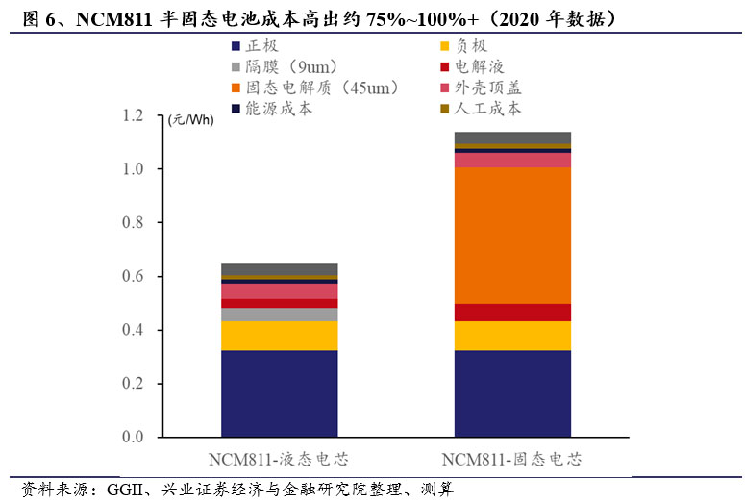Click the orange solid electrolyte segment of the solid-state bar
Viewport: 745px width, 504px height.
(x=512, y=236)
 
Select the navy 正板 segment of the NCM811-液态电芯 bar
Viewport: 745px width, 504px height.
(x=279, y=393)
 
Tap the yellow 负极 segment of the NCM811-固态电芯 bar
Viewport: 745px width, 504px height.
(x=512, y=335)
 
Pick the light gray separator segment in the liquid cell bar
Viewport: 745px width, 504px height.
(x=279, y=315)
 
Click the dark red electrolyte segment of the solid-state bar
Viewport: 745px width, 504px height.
(x=512, y=312)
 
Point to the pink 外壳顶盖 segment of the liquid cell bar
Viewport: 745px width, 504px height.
(x=279, y=290)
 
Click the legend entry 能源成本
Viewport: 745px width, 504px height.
(x=280, y=109)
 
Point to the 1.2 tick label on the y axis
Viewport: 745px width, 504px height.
(x=132, y=116)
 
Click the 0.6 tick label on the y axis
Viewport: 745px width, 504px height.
(x=132, y=277)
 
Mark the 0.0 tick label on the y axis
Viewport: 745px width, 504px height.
(x=132, y=438)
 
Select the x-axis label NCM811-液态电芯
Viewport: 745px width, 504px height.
(x=279, y=458)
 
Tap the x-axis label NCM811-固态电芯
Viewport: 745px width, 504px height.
(x=512, y=458)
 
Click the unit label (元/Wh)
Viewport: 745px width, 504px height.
(x=191, y=120)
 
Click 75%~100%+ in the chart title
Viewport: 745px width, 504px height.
(x=435, y=18)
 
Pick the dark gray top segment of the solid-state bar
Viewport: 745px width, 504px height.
(x=512, y=138)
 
